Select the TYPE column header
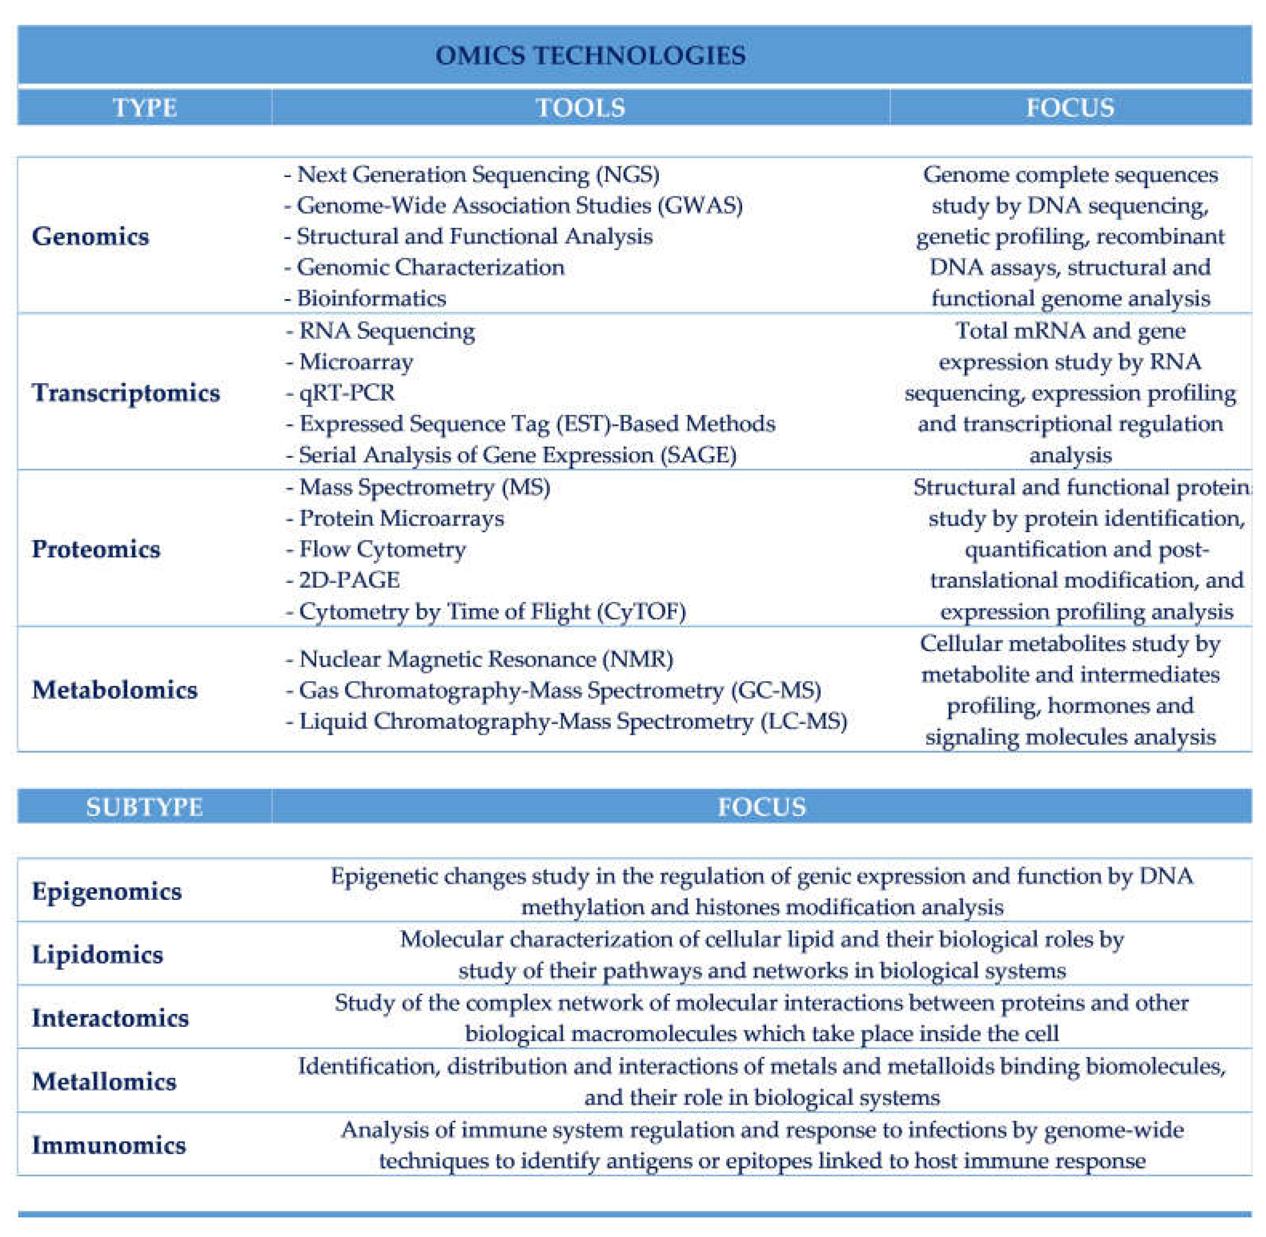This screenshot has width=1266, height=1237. [144, 108]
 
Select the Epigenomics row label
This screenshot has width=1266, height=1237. [107, 891]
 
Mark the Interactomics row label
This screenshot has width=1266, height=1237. [110, 1018]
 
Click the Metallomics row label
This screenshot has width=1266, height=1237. [104, 1082]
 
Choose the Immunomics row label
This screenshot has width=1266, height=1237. [109, 1145]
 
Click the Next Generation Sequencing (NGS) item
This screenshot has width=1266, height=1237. [473, 175]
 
